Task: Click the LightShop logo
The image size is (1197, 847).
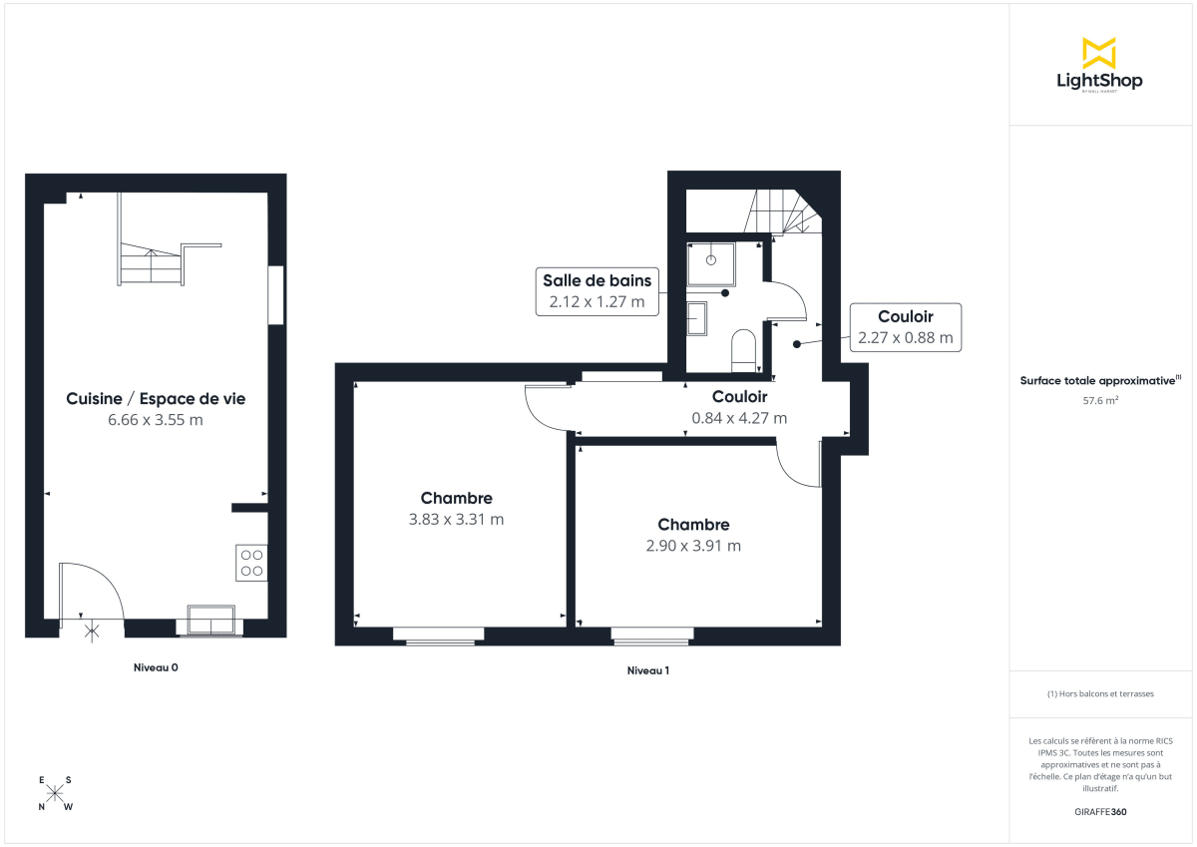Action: pyautogui.click(x=1099, y=65)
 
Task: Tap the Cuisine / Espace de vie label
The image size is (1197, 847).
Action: pyautogui.click(x=156, y=399)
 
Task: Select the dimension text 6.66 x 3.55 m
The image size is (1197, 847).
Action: pyautogui.click(x=156, y=420)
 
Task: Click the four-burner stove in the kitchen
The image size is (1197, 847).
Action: pyautogui.click(x=251, y=563)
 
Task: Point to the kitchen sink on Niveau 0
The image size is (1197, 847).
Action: pyautogui.click(x=207, y=620)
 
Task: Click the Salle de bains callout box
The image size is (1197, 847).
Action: pyautogui.click(x=597, y=291)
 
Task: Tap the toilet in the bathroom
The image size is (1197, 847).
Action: pyautogui.click(x=744, y=349)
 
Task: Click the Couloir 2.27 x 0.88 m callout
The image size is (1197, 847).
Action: pyautogui.click(x=905, y=327)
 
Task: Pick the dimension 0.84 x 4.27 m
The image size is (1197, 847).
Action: pyautogui.click(x=739, y=418)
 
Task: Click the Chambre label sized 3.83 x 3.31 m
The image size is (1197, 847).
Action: pyautogui.click(x=457, y=498)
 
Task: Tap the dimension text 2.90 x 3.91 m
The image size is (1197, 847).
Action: pyautogui.click(x=693, y=546)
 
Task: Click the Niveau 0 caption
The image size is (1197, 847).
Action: pyautogui.click(x=156, y=667)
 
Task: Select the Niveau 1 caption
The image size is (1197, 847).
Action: pyautogui.click(x=647, y=670)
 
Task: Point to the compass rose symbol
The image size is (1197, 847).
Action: pyautogui.click(x=55, y=793)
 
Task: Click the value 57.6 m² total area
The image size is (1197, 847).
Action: pyautogui.click(x=1099, y=400)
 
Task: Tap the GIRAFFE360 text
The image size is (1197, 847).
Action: pyautogui.click(x=1099, y=812)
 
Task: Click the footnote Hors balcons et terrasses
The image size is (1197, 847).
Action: pyautogui.click(x=1100, y=693)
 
